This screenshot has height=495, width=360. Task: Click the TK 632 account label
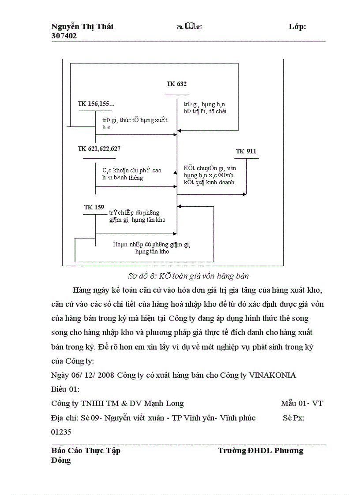click(x=176, y=84)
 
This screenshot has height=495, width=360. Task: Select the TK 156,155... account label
click(x=96, y=104)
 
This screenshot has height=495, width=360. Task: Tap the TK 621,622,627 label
click(x=99, y=149)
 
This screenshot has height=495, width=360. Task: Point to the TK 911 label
click(x=246, y=152)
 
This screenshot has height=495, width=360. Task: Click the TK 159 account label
click(x=94, y=207)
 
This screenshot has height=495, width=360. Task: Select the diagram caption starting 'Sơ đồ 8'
click(x=188, y=276)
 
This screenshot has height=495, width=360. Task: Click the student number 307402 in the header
click(x=64, y=36)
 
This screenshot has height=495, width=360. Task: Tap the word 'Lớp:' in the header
click(x=297, y=27)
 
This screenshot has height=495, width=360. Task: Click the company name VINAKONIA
click(x=273, y=375)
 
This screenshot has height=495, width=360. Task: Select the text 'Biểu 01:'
click(x=65, y=389)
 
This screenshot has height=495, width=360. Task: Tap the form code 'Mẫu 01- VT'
click(x=302, y=403)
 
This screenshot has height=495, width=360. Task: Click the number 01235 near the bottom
click(x=61, y=432)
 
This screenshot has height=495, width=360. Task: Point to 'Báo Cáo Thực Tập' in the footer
click(x=86, y=450)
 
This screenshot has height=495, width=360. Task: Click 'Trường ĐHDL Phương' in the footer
click(x=260, y=450)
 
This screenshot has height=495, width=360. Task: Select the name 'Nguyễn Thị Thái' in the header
click(x=82, y=27)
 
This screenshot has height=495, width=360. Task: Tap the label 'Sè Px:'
click(x=293, y=418)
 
